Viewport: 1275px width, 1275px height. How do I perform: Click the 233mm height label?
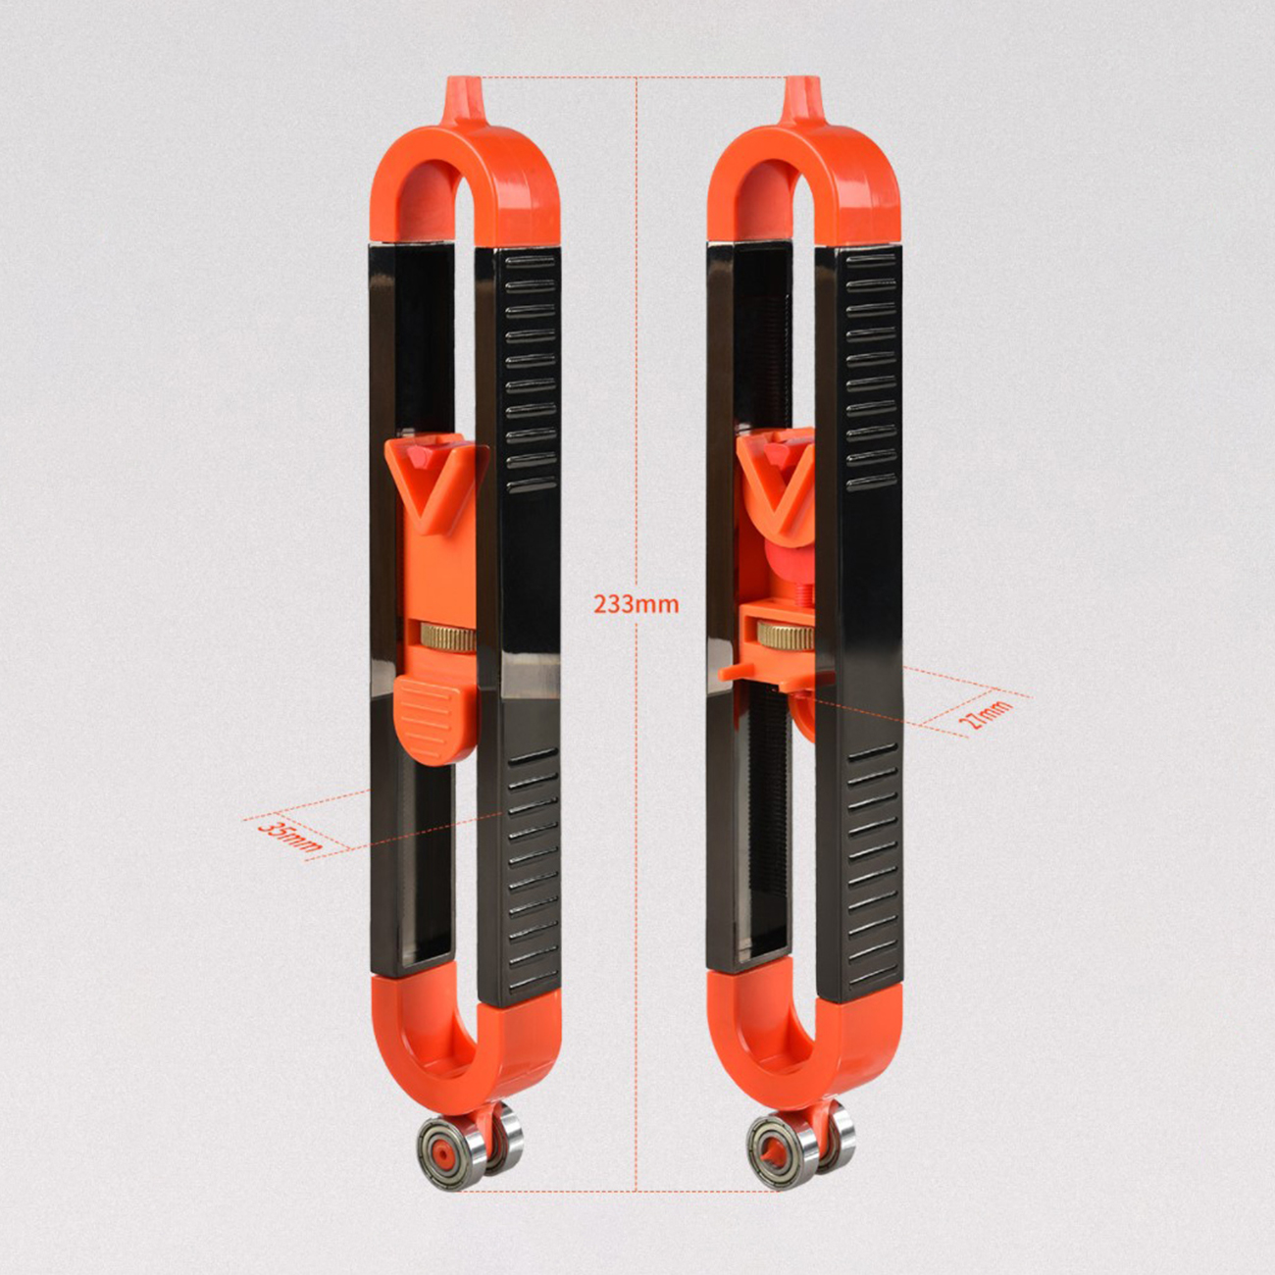[636, 604]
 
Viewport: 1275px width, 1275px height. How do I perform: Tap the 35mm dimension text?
[289, 837]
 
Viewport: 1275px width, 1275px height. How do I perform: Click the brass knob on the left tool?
[446, 636]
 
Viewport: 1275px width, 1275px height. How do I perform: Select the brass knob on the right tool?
[785, 635]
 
